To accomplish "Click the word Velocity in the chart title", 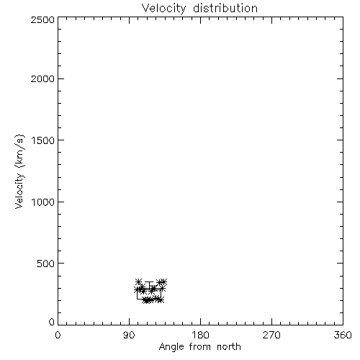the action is pos(163,9).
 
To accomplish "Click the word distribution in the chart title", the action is pos(225,8).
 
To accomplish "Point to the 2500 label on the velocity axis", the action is pos(42,19).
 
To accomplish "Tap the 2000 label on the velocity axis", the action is pos(42,78).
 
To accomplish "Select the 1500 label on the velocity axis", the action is pos(43,140).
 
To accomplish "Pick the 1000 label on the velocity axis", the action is pos(43,202).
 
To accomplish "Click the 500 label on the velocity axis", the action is pos(46,264).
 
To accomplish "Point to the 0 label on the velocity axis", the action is pos(52,322).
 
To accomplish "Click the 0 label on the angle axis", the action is pos(58,335).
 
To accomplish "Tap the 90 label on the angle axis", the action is pos(129,335).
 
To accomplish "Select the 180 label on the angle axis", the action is pos(200,335).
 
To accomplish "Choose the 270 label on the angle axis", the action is pos(271,335).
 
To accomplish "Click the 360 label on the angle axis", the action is pos(343,335).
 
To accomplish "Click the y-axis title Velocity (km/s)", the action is pos(19,171).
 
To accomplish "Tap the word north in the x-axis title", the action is pos(229,347).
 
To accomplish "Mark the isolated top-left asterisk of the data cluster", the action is pos(138,282).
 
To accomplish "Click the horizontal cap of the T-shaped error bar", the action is pos(149,282).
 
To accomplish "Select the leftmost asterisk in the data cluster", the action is pos(137,289).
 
